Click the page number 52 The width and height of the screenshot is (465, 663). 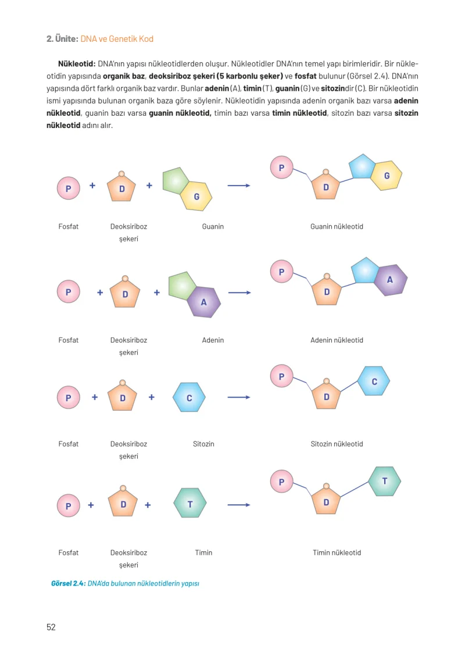coord(51,627)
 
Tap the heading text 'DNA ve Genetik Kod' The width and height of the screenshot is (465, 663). coord(117,39)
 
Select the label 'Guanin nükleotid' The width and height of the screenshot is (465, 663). coord(337,227)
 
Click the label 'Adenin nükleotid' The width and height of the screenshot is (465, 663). coord(337,340)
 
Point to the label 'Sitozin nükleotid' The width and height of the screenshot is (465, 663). coord(337,444)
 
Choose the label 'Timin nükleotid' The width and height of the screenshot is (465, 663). coord(337,552)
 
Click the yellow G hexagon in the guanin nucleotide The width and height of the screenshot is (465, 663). coord(387,176)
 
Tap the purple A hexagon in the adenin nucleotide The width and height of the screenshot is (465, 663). coord(391,280)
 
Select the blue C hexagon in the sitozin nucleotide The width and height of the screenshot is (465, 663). coord(374,381)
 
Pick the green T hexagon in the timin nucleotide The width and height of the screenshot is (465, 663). coord(385,481)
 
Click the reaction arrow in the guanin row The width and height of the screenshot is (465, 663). coord(239,186)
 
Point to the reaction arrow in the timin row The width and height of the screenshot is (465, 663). coord(239,505)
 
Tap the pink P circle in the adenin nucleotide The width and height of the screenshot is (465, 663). coord(281,272)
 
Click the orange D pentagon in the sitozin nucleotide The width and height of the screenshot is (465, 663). coord(326,396)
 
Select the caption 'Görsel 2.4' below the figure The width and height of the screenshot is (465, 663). coord(68,583)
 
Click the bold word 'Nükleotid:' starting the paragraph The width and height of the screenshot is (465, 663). coord(77,64)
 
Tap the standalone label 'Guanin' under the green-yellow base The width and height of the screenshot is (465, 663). coord(213,227)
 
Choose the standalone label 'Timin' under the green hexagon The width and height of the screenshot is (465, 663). coord(203,552)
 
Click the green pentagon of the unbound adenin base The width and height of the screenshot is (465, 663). coord(181,286)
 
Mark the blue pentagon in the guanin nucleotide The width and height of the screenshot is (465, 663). coord(362,166)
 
